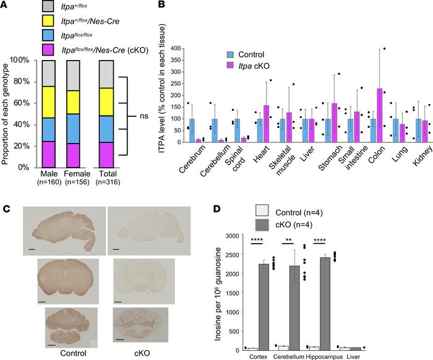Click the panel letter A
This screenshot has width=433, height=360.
(5, 5)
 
